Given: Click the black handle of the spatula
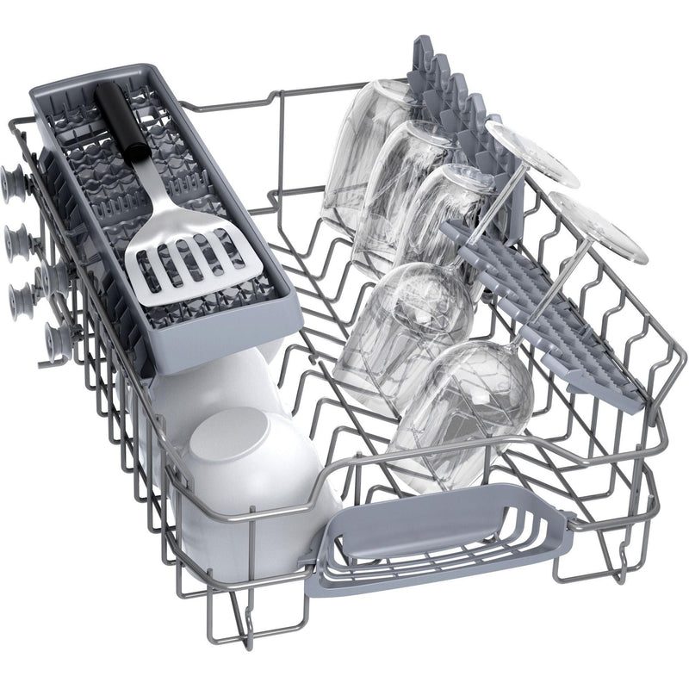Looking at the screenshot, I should pos(121,121).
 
